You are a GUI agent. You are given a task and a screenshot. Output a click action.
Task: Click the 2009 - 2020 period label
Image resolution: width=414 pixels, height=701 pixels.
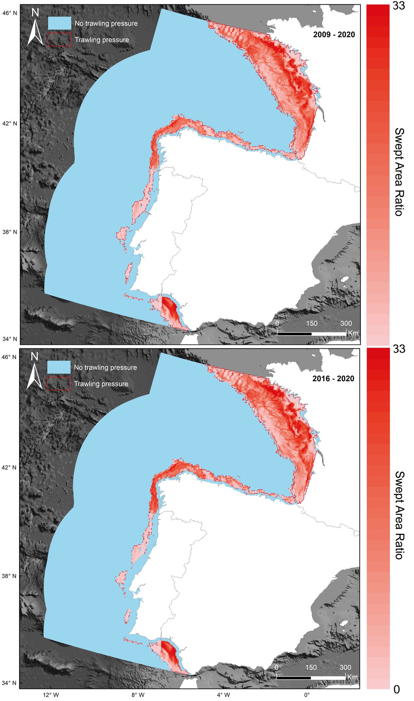click(334, 35)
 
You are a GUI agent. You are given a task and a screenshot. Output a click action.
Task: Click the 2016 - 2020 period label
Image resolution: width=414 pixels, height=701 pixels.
click(333, 379)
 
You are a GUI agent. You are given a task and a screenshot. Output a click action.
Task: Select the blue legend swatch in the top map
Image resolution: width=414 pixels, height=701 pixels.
click(59, 23)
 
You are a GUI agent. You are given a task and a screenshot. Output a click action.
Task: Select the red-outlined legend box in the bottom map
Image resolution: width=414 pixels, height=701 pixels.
click(59, 384)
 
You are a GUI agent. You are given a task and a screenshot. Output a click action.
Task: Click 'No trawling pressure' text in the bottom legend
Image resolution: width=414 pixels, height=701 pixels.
click(105, 367)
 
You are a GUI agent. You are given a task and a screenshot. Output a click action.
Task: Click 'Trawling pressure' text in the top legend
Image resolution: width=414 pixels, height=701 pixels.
click(102, 40)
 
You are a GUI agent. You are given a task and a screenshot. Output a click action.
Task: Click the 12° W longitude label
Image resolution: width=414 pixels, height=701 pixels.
click(51, 695)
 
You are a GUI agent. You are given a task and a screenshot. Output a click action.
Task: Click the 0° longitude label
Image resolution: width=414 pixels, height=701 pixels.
click(307, 695)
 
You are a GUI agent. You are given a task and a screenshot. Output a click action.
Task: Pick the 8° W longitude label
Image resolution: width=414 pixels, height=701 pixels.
click(138, 695)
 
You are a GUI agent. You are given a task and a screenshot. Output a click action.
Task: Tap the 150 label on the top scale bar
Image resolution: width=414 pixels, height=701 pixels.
click(311, 323)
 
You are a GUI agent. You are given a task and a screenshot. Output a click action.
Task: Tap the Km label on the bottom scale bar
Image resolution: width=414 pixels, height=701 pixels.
click(352, 677)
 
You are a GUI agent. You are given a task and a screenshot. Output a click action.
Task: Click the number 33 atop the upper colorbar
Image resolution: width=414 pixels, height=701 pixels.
click(399, 6)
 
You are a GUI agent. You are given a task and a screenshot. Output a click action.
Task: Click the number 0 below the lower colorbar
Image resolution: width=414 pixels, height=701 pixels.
click(397, 689)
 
